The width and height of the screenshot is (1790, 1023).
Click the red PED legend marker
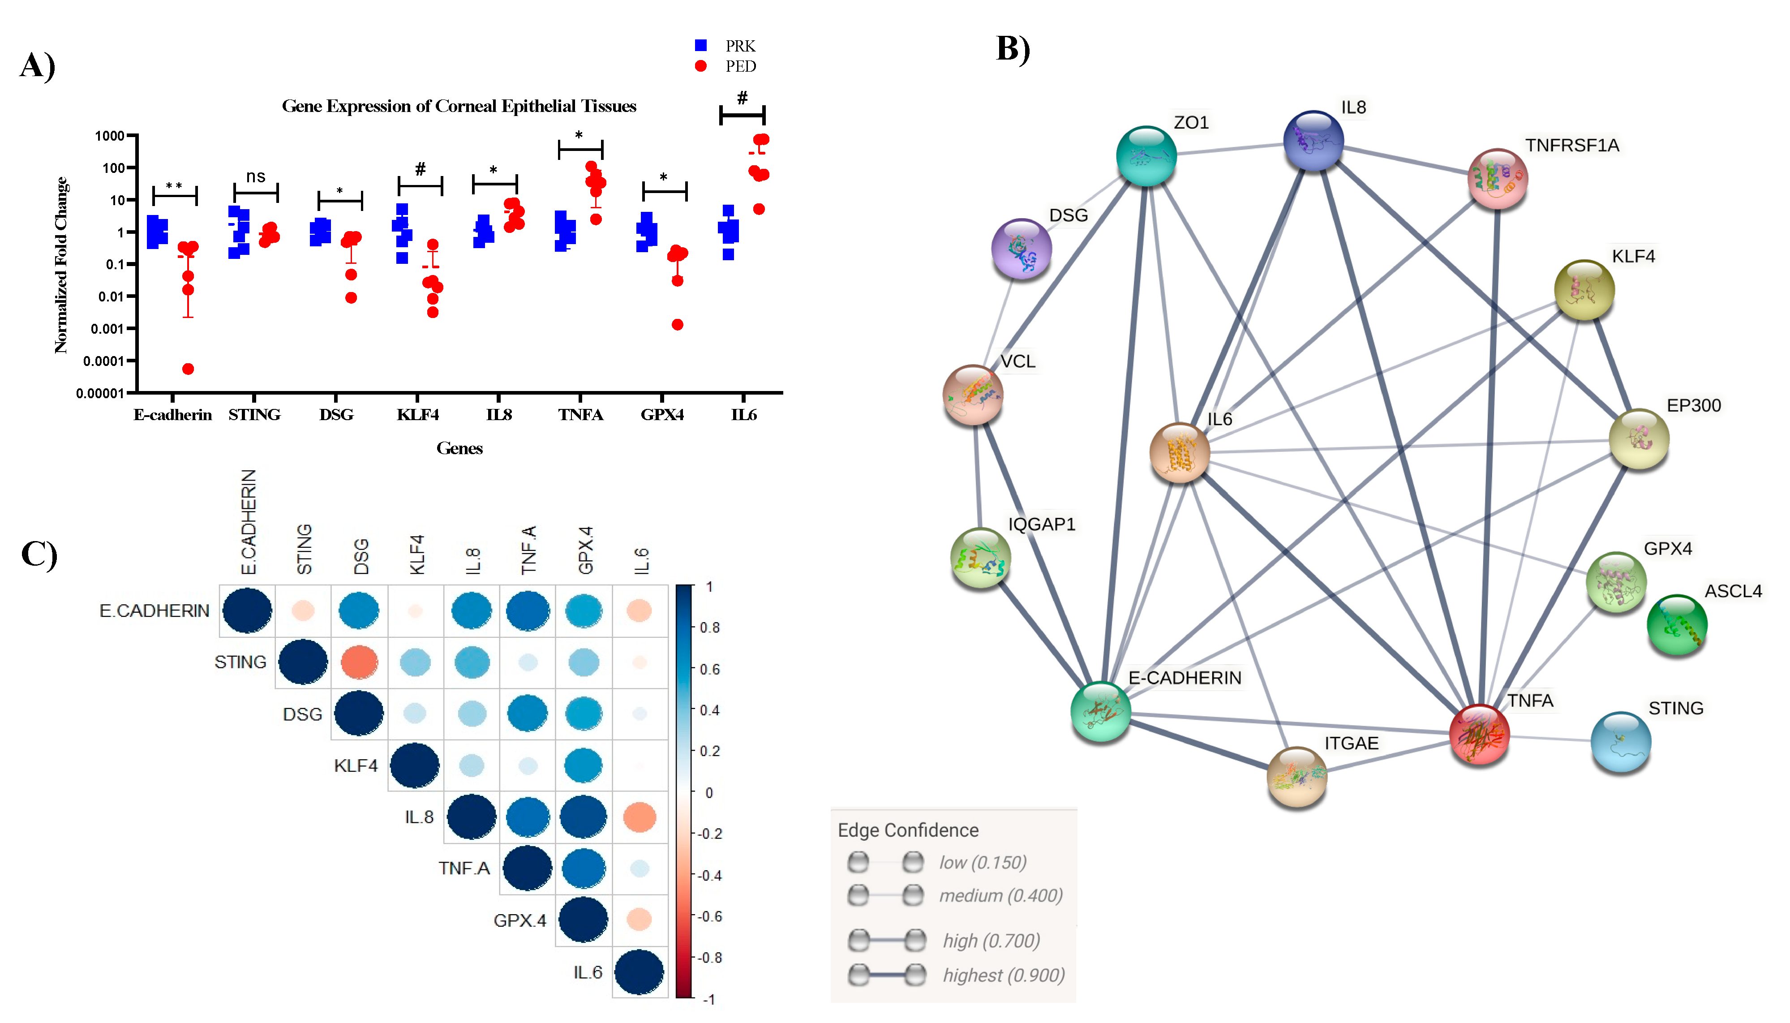700,66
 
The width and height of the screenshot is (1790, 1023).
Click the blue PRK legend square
700,46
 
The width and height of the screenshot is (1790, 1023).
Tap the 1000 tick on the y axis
110,136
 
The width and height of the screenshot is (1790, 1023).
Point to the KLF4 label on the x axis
417,415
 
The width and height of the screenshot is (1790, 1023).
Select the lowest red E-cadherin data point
188,369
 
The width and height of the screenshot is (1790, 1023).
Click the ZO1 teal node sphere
1146,156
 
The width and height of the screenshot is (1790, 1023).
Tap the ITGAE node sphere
1297,776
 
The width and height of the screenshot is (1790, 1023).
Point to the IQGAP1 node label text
1041,524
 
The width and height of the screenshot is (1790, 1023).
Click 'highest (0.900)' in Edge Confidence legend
1003,975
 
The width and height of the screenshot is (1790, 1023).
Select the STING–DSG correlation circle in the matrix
359,662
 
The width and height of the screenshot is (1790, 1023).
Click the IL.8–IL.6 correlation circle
640,817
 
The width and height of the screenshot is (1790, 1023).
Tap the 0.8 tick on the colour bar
709,628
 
